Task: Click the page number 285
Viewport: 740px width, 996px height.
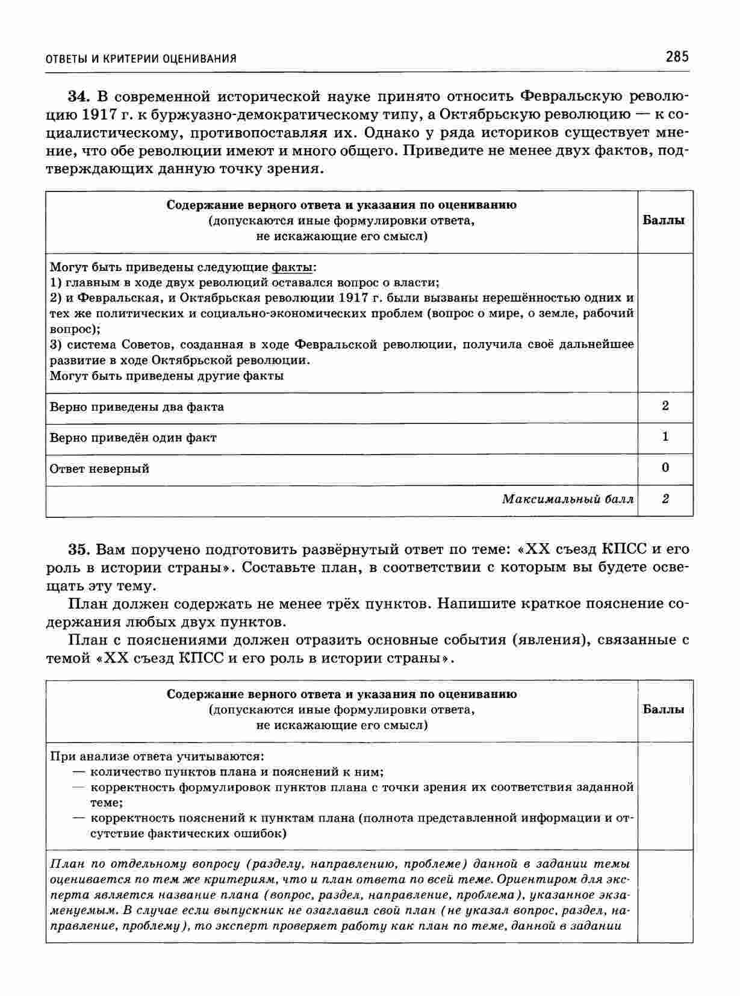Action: click(x=677, y=57)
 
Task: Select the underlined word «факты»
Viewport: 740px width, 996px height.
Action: click(x=292, y=267)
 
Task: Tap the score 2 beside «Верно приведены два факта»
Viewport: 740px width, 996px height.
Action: click(x=665, y=406)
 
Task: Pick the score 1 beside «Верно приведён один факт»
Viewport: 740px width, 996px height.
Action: click(x=665, y=437)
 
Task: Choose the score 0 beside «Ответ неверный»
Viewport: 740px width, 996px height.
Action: click(x=665, y=468)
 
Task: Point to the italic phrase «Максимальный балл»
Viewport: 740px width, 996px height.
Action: click(x=568, y=499)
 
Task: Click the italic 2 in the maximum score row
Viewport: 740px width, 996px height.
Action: click(x=665, y=499)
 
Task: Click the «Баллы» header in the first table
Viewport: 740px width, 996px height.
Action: click(x=664, y=220)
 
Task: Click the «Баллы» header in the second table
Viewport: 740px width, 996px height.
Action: click(x=664, y=709)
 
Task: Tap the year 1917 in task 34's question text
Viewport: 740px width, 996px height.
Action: click(x=98, y=114)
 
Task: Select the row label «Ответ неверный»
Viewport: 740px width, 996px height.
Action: click(x=99, y=468)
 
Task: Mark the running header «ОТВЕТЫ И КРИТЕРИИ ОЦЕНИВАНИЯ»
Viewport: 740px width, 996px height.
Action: click(x=141, y=58)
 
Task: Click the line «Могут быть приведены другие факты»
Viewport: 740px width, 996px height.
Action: click(x=167, y=376)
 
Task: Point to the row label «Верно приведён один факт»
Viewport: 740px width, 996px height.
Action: click(x=133, y=438)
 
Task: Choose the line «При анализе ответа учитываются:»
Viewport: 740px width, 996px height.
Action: click(x=157, y=756)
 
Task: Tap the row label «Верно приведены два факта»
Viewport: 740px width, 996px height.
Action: click(x=137, y=407)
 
